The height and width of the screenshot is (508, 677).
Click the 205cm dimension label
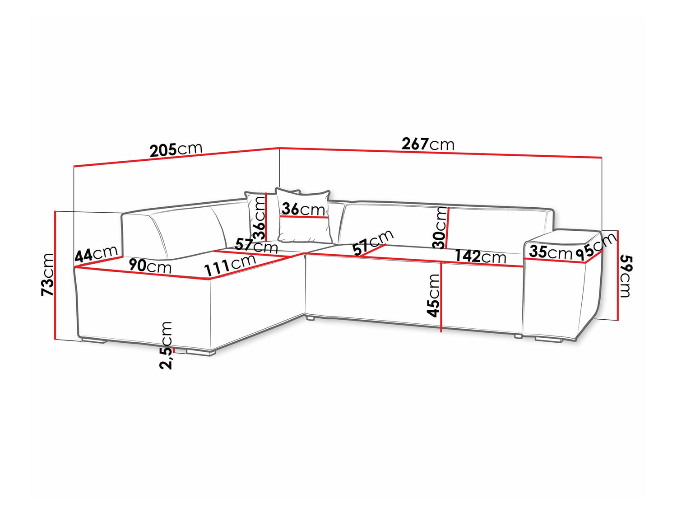point(176,149)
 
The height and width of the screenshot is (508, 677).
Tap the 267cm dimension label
point(428,144)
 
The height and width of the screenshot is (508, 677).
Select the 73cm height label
point(47,275)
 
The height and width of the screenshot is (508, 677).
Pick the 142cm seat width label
point(480,256)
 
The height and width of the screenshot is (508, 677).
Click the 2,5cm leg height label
point(166,345)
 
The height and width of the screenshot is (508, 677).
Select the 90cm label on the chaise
point(149,266)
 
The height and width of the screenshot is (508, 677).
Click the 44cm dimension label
point(96,254)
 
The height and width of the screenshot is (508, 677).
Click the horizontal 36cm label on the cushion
point(303,210)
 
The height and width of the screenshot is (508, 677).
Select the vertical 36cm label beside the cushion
point(258,219)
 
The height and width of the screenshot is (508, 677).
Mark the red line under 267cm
point(441,153)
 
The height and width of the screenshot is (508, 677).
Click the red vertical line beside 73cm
point(55,275)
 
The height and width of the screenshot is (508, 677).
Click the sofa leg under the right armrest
point(549,340)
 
